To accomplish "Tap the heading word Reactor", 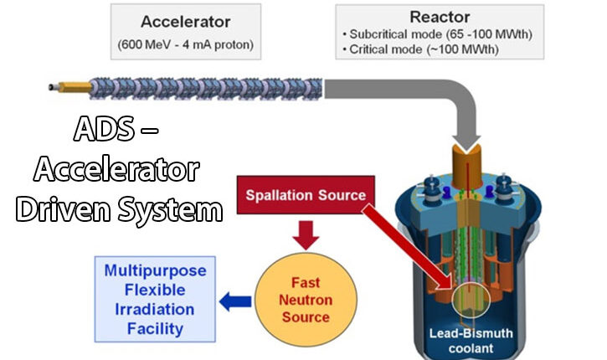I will tap(440, 16).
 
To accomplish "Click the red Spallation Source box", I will tap(305, 196).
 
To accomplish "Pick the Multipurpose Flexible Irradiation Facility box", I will tap(155, 299).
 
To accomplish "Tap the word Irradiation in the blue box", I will tap(155, 309).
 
